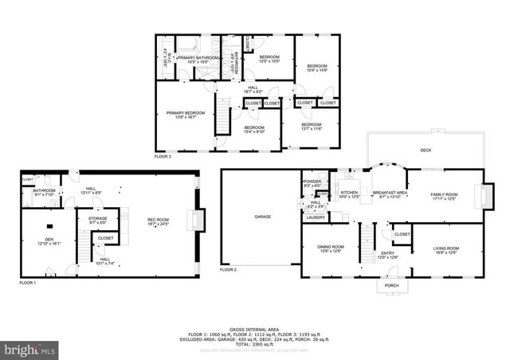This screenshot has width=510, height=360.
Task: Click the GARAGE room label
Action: tap(262, 217)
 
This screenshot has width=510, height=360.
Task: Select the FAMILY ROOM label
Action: tap(444, 196)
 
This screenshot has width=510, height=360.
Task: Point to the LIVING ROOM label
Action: tap(445, 250)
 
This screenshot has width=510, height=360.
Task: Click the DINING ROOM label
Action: tap(330, 248)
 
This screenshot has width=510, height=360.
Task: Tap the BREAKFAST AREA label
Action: tap(390, 194)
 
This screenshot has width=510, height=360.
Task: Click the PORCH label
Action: tap(391, 284)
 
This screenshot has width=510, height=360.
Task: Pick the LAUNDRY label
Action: tap(315, 217)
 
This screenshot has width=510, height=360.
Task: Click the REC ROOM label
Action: tap(158, 221)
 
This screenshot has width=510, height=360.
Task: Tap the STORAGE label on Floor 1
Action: tap(97, 219)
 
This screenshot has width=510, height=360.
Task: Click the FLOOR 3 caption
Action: tap(163, 157)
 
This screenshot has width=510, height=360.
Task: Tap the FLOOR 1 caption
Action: tap(28, 283)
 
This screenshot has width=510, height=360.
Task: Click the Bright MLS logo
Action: tap(30, 349)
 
